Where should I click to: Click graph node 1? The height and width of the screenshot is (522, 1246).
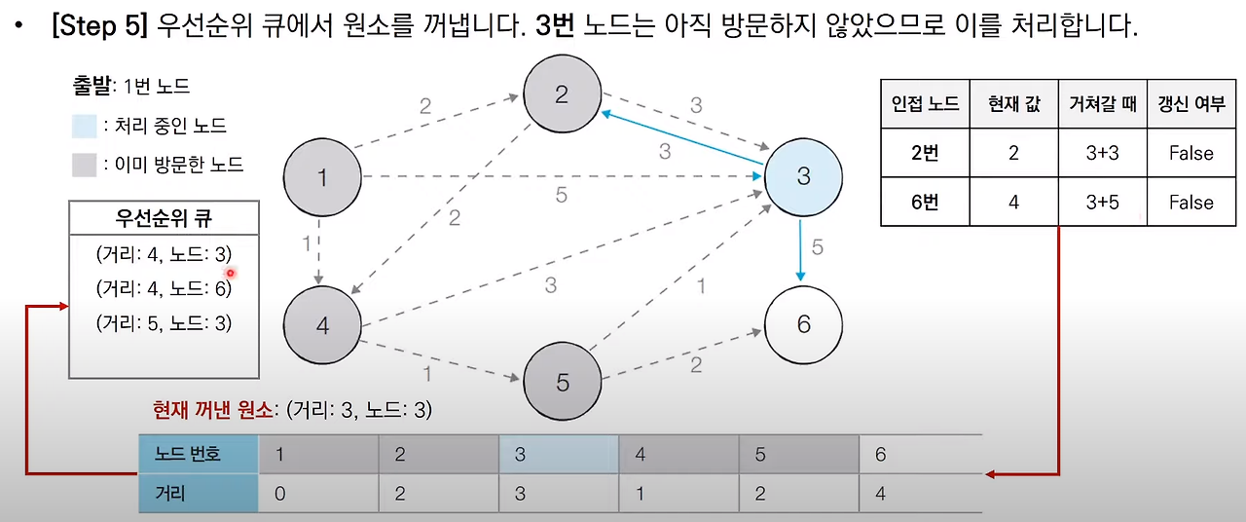322,177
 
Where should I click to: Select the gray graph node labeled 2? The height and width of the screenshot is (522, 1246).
562,93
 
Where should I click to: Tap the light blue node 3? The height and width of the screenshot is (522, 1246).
803,176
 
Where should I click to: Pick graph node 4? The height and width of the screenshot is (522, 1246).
322,325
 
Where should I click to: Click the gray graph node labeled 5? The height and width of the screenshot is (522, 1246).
562,383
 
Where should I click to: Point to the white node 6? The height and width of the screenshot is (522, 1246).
803,323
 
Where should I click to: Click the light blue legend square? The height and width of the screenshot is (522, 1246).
85,126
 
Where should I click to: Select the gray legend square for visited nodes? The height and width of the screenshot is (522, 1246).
85,165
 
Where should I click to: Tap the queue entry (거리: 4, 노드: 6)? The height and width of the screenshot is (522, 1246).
164,288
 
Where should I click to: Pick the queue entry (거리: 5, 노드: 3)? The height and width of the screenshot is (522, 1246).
164,323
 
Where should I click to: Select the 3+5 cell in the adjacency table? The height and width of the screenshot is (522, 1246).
1102,203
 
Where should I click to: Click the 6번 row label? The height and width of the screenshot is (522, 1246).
924,203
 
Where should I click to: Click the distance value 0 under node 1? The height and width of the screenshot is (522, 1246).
280,494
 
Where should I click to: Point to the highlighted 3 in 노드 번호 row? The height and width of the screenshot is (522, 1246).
521,455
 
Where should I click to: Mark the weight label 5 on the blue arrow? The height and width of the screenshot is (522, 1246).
817,247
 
